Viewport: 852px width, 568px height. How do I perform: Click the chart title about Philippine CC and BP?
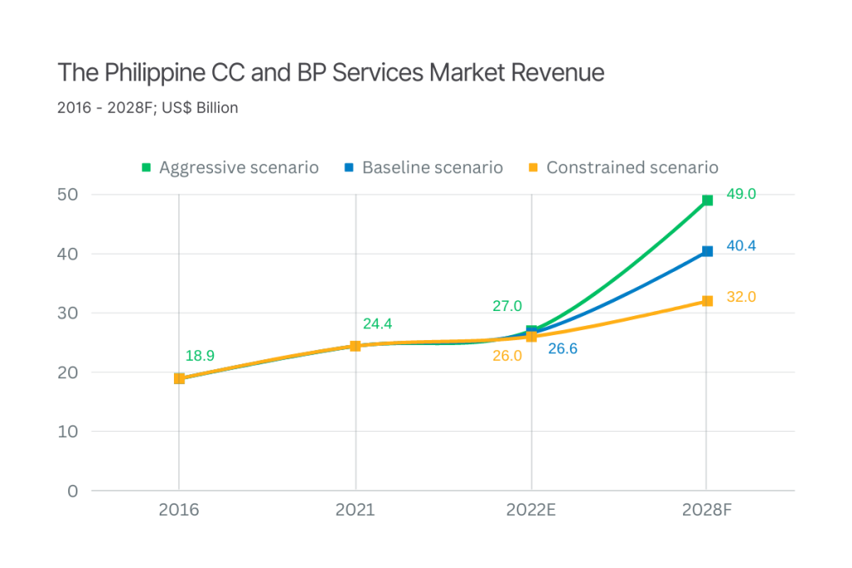pyautogui.click(x=331, y=73)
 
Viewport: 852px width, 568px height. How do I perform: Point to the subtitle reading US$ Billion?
pyautogui.click(x=148, y=109)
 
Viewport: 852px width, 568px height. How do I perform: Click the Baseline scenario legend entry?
pyautogui.click(x=424, y=168)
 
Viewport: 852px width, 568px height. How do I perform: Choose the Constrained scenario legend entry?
pyautogui.click(x=624, y=168)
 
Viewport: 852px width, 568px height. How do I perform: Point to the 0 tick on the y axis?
pyautogui.click(x=73, y=491)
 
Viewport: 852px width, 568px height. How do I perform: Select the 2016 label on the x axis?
pyautogui.click(x=179, y=510)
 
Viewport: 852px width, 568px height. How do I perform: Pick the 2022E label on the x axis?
pyautogui.click(x=531, y=510)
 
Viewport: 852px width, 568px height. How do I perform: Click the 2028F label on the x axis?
pyautogui.click(x=706, y=510)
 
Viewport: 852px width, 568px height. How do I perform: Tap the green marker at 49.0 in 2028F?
pyautogui.click(x=707, y=200)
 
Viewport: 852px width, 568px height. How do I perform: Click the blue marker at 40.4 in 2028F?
pyautogui.click(x=707, y=251)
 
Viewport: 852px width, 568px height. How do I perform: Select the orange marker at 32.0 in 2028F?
pyautogui.click(x=707, y=301)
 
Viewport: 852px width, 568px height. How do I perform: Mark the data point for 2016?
pyautogui.click(x=180, y=378)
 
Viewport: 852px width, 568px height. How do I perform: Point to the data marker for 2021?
pyautogui.click(x=355, y=346)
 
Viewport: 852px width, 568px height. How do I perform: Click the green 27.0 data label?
pyautogui.click(x=507, y=306)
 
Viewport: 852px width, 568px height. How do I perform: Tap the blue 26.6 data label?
pyautogui.click(x=562, y=349)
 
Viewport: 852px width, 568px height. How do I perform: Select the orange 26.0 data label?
pyautogui.click(x=507, y=356)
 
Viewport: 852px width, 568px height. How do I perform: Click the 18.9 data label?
pyautogui.click(x=200, y=356)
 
